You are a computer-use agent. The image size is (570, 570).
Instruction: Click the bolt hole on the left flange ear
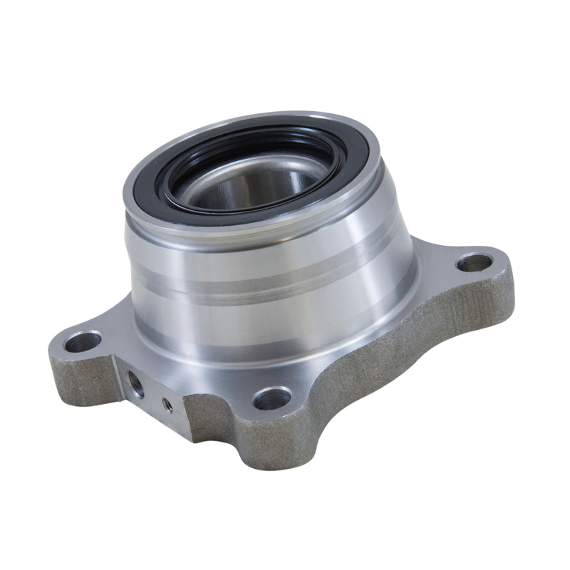click(x=83, y=341)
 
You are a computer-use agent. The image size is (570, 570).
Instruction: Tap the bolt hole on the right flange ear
click(x=474, y=263)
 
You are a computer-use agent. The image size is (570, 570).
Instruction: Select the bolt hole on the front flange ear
click(x=272, y=398)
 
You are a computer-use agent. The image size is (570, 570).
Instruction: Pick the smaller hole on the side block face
click(x=167, y=405)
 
